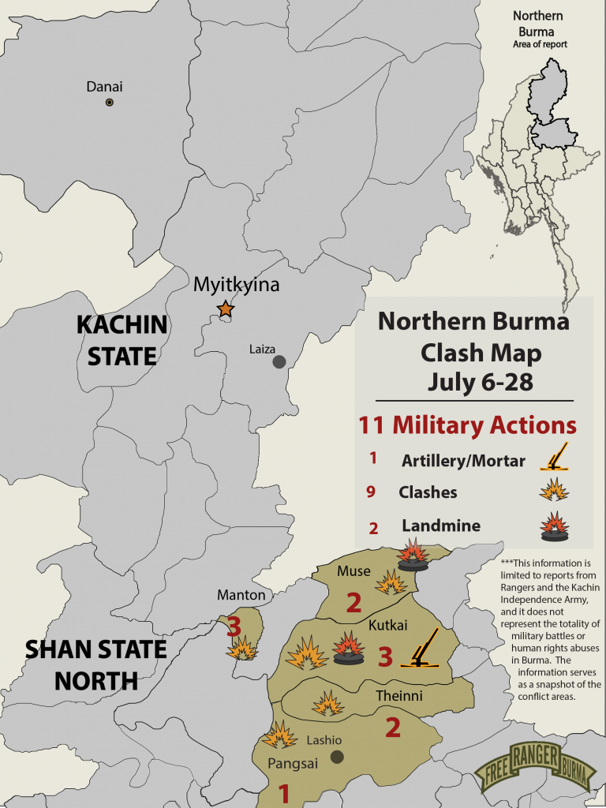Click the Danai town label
[104, 87]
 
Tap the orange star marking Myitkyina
[226, 309]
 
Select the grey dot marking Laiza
[279, 362]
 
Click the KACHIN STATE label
[122, 339]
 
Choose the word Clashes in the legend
[428, 492]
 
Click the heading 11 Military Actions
[467, 425]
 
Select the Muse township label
[353, 570]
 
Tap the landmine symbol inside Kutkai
[349, 649]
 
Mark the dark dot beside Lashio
[337, 757]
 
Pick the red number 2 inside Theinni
[392, 727]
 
